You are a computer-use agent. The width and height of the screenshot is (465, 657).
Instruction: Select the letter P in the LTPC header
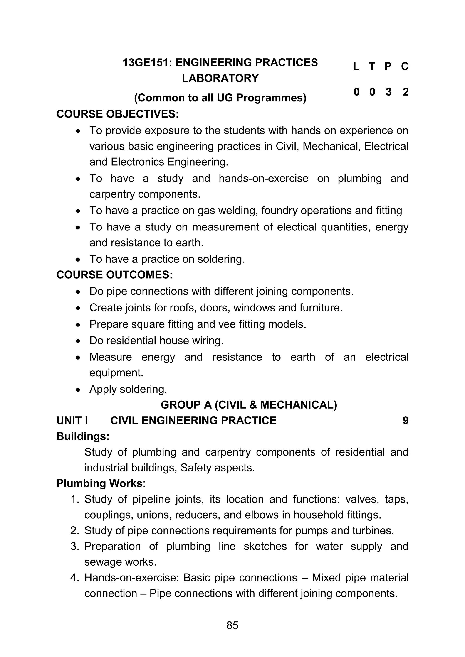388,67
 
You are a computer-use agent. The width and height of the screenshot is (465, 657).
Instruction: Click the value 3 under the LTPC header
388,92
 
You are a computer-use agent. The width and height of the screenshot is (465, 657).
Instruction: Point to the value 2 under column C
405,92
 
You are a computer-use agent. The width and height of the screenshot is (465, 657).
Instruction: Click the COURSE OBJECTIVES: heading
117,114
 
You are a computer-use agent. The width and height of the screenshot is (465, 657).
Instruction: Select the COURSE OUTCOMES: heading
114,275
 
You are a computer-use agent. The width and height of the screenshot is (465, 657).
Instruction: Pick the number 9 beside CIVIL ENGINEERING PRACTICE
405,421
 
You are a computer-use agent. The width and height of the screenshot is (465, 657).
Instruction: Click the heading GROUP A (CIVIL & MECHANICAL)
249,405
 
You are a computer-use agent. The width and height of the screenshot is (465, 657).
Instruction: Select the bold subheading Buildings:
83,436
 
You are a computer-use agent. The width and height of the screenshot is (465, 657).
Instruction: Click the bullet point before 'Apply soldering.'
78,390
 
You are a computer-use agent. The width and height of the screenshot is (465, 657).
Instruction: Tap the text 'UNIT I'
72,421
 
